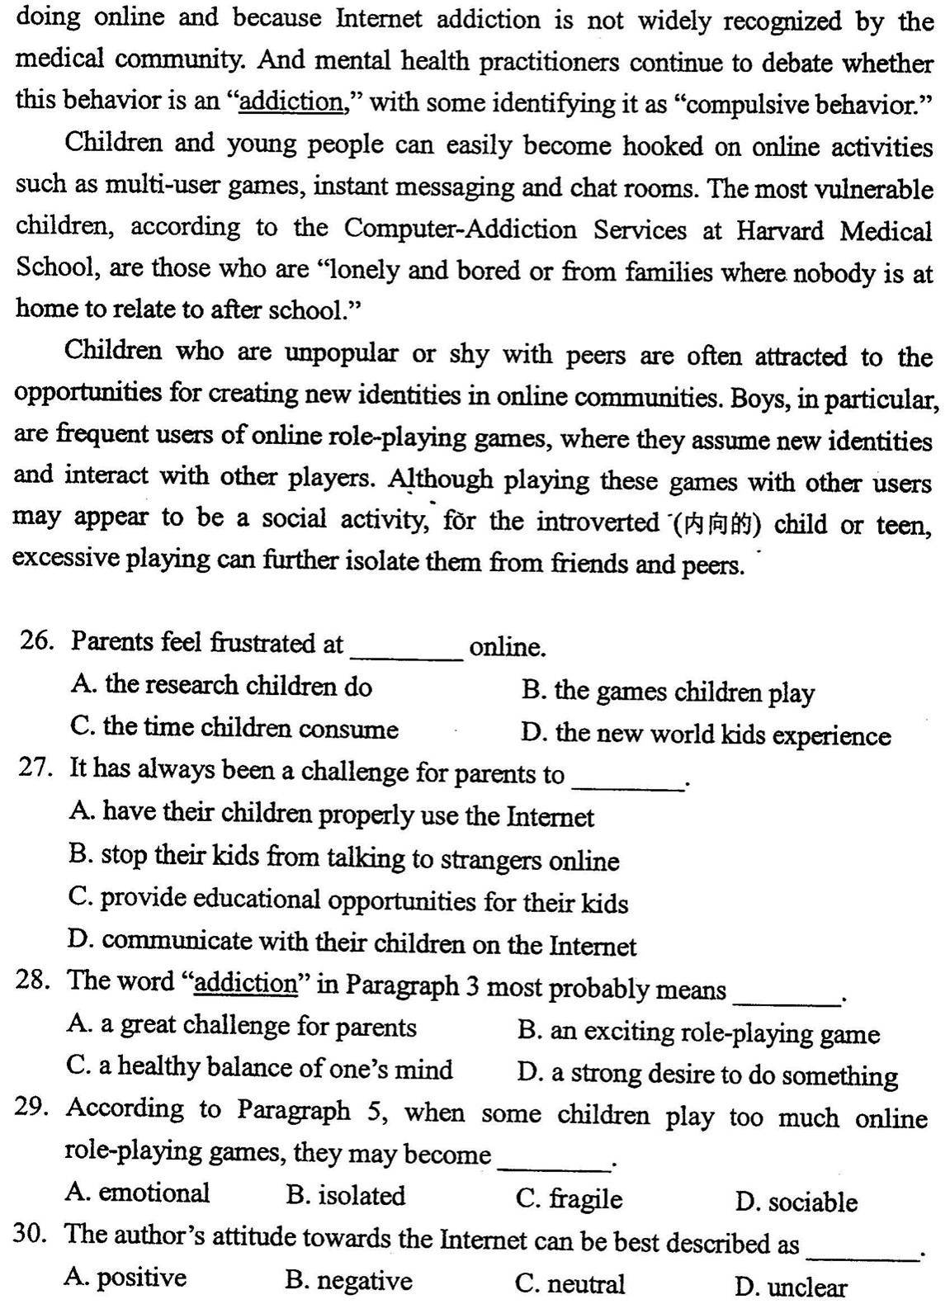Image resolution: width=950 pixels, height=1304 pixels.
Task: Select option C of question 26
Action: point(234,728)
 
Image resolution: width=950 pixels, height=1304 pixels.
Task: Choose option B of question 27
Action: point(343,858)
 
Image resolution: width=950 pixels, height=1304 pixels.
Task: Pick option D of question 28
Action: point(707,1075)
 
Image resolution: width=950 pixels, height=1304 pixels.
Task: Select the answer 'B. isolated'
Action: point(345,1195)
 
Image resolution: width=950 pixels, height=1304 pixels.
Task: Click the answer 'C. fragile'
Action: point(569,1198)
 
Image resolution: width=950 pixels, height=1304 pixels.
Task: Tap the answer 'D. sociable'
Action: point(796,1202)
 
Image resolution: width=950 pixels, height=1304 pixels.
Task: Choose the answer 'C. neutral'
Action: point(570,1283)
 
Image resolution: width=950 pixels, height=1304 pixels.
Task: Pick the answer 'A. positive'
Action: point(125,1278)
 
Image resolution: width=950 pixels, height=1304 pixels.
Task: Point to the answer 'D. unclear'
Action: point(790,1287)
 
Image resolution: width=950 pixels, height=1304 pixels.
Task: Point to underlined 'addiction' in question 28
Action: point(245,983)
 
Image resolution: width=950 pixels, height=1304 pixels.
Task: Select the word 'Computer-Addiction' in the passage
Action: point(460,229)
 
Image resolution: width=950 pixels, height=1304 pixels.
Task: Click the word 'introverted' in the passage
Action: point(597,522)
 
